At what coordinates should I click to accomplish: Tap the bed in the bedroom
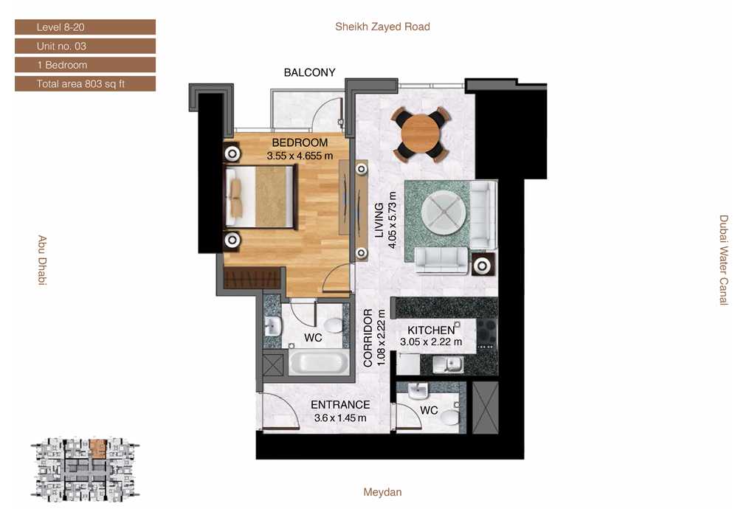pyautogui.click(x=261, y=197)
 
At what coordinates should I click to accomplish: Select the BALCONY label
pyautogui.click(x=310, y=72)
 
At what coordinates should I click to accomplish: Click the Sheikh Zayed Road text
pyautogui.click(x=382, y=27)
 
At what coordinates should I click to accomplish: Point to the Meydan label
pyautogui.click(x=382, y=492)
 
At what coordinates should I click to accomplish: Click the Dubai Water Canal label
pyautogui.click(x=724, y=260)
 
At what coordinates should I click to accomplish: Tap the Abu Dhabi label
pyautogui.click(x=42, y=260)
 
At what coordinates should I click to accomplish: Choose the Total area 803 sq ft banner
pyautogui.click(x=85, y=84)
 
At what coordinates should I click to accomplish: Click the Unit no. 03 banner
pyautogui.click(x=85, y=46)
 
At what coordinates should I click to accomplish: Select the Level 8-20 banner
pyautogui.click(x=85, y=27)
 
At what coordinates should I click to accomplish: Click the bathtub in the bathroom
pyautogui.click(x=318, y=363)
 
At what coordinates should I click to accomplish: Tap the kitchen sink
pyautogui.click(x=448, y=364)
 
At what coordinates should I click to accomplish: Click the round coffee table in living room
pyautogui.click(x=444, y=212)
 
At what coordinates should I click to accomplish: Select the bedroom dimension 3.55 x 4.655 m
pyautogui.click(x=300, y=156)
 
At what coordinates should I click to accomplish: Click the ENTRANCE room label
pyautogui.click(x=340, y=404)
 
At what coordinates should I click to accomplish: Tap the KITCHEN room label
pyautogui.click(x=431, y=330)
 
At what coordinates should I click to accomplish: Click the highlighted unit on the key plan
pyautogui.click(x=98, y=449)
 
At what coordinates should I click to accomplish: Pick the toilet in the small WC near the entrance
pyautogui.click(x=450, y=417)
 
